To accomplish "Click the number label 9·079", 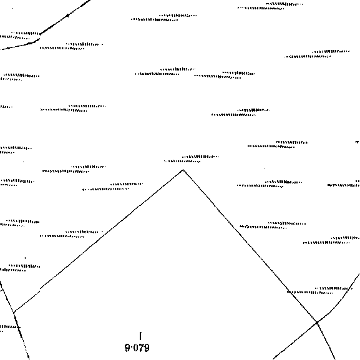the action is (137, 348).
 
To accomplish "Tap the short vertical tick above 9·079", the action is (140, 336).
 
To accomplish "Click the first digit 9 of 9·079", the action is (128, 348).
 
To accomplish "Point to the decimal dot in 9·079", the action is (132, 348).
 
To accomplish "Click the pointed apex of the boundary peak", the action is (183, 170).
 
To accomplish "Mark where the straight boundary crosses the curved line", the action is (317, 323).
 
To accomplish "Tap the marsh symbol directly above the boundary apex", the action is (192, 159).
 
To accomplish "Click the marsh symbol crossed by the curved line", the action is (319, 291).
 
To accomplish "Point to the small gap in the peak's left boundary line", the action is (40, 289).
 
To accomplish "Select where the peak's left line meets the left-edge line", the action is (14, 313).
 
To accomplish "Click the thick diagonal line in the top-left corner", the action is (66, 17).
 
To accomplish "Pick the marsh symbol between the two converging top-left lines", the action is (19, 35).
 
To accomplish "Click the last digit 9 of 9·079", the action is (147, 348).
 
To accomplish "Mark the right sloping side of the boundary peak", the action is (250, 246).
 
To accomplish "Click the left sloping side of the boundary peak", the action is (99, 241).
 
